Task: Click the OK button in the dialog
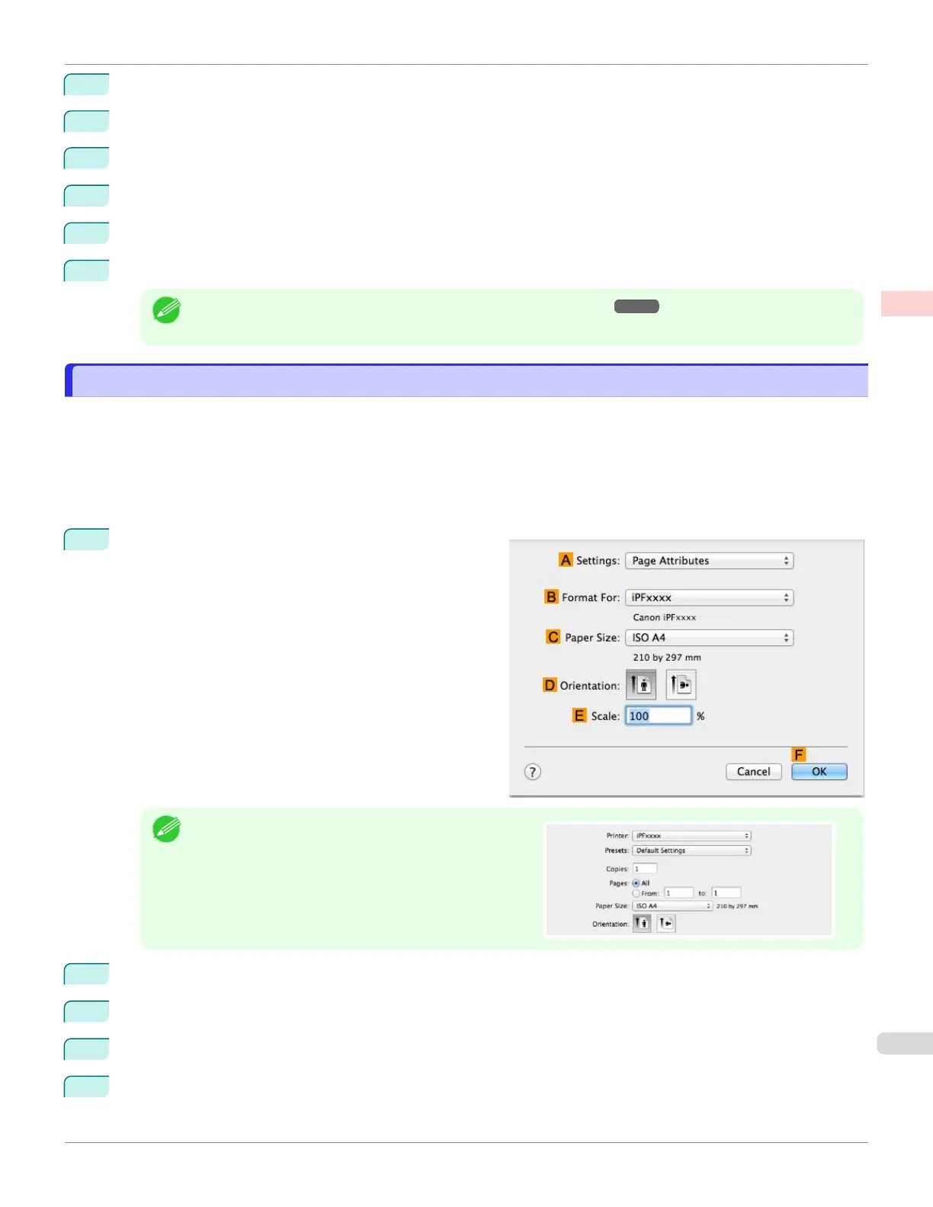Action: coord(819,772)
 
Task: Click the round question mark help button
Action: coord(533,772)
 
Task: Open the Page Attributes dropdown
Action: coord(709,561)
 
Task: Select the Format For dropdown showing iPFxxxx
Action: coord(709,598)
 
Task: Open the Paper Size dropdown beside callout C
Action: coord(709,638)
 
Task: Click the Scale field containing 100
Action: coord(658,716)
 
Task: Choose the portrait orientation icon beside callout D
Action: coord(641,684)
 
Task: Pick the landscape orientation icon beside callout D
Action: coord(681,684)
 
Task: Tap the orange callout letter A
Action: coord(566,560)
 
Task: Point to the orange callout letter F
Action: coord(799,754)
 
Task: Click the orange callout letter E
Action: coord(579,716)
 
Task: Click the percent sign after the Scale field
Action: coord(701,716)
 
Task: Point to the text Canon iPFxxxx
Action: coord(664,617)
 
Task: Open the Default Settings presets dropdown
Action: coord(692,850)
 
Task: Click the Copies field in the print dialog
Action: coord(645,869)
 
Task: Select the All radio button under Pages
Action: coord(636,883)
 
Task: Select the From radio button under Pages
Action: coord(636,893)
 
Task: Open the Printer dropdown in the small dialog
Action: coord(692,836)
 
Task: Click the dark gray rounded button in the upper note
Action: coord(636,306)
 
